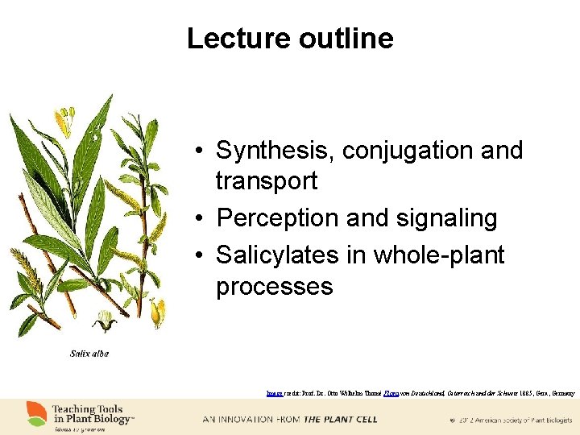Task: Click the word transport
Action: [x=266, y=181]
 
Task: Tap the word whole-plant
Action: [x=442, y=255]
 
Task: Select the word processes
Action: [x=274, y=287]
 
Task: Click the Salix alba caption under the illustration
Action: [x=89, y=354]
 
